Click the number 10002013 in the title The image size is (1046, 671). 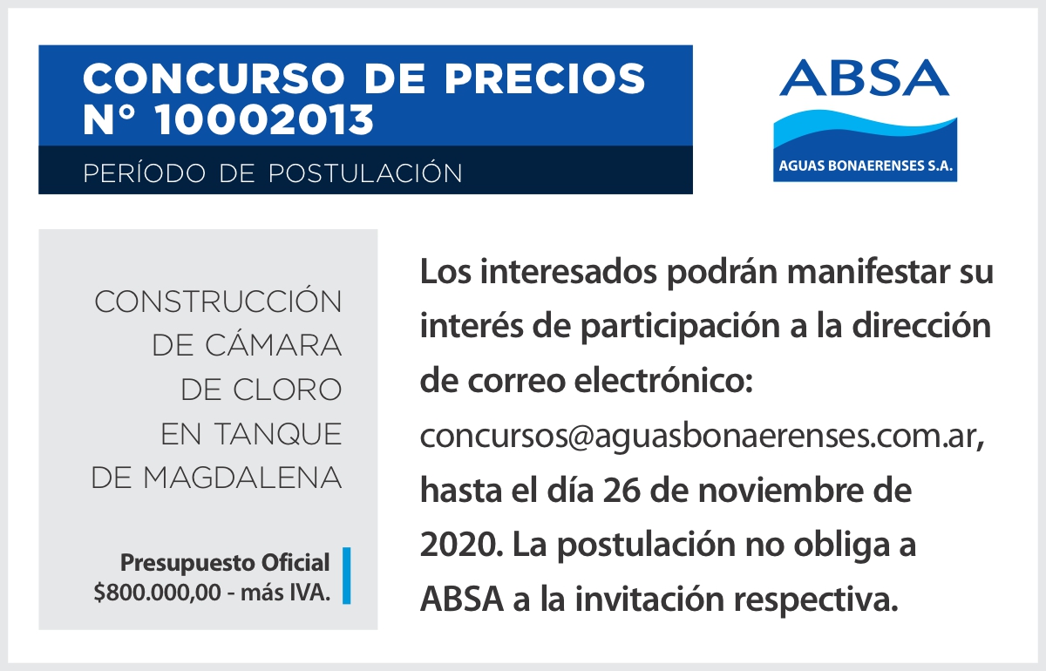pos(265,119)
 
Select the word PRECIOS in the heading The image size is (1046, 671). pos(545,78)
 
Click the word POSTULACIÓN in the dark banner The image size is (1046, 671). pos(365,173)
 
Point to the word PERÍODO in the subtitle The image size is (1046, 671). pos(145,173)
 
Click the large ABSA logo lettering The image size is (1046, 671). pos(864,78)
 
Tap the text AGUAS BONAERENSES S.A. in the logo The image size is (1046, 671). pos(866,166)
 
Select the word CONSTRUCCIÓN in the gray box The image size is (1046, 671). pos(218,301)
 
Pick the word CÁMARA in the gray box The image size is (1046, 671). pos(273,345)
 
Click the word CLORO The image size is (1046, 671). pos(287,390)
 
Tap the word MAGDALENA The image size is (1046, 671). pos(242,478)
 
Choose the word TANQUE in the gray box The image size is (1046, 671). pos(278,434)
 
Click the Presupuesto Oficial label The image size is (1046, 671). pos(225,563)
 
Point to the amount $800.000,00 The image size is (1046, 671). pos(158,593)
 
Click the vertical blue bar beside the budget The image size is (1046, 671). pos(347,576)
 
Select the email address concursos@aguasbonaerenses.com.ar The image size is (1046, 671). pos(702,436)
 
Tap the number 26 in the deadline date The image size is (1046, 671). pos(621,491)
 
